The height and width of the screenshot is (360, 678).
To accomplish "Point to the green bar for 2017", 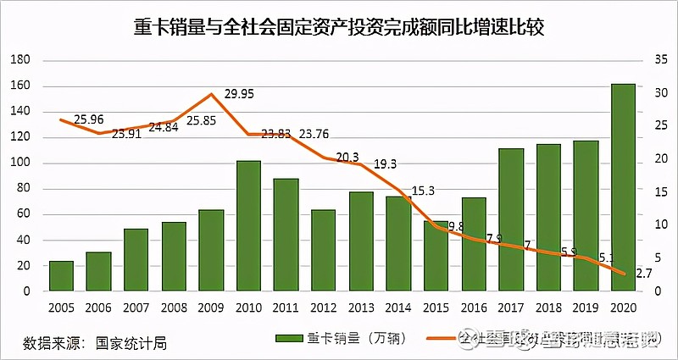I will (x=510, y=219).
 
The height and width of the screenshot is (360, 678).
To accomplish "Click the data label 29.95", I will (x=241, y=95).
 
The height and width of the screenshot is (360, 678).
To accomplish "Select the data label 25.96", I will (x=89, y=119).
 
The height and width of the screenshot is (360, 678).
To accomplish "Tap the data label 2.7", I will (x=643, y=273).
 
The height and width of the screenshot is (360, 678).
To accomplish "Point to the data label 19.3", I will (x=386, y=163).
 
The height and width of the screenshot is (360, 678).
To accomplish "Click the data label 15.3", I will (x=424, y=189).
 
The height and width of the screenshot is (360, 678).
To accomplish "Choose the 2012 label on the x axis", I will (x=323, y=307).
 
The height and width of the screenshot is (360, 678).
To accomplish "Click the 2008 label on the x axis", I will (x=173, y=307).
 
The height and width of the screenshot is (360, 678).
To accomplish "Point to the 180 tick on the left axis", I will (x=20, y=60).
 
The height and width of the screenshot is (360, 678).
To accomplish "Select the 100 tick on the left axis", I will (x=20, y=163).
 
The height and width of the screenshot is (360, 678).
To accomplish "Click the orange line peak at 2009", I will (x=211, y=94).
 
